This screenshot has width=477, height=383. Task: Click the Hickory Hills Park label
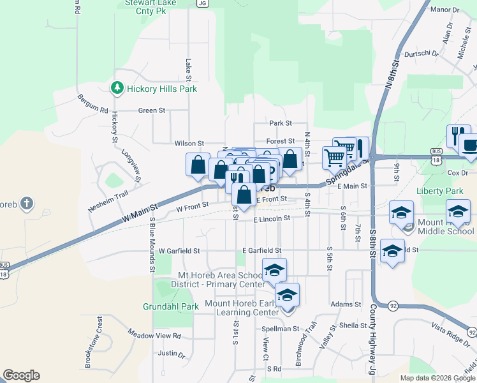click(161, 89)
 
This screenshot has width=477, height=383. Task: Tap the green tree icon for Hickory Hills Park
click(117, 88)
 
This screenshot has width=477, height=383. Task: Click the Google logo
click(21, 375)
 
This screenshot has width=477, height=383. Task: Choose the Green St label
click(152, 110)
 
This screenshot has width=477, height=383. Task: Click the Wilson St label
click(189, 144)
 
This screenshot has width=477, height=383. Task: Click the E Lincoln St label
click(271, 218)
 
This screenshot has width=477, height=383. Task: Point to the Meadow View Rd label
click(154, 335)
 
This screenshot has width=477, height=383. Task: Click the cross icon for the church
click(26, 204)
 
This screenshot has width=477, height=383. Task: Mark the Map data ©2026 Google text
click(437, 378)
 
